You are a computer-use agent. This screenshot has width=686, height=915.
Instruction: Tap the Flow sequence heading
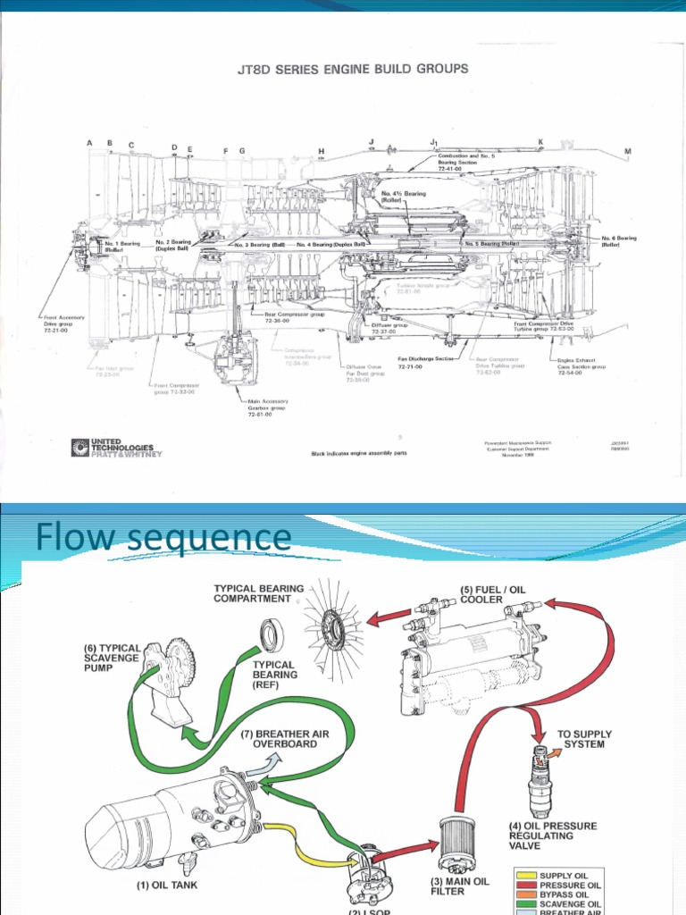pos(163,538)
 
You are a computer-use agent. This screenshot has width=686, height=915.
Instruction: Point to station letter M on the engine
pos(627,151)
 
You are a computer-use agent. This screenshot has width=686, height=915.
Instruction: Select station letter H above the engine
pos(321,151)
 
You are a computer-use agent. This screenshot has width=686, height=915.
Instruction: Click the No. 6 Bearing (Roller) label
pos(618,241)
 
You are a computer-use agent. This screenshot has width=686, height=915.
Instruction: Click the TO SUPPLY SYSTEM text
pos(587,738)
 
